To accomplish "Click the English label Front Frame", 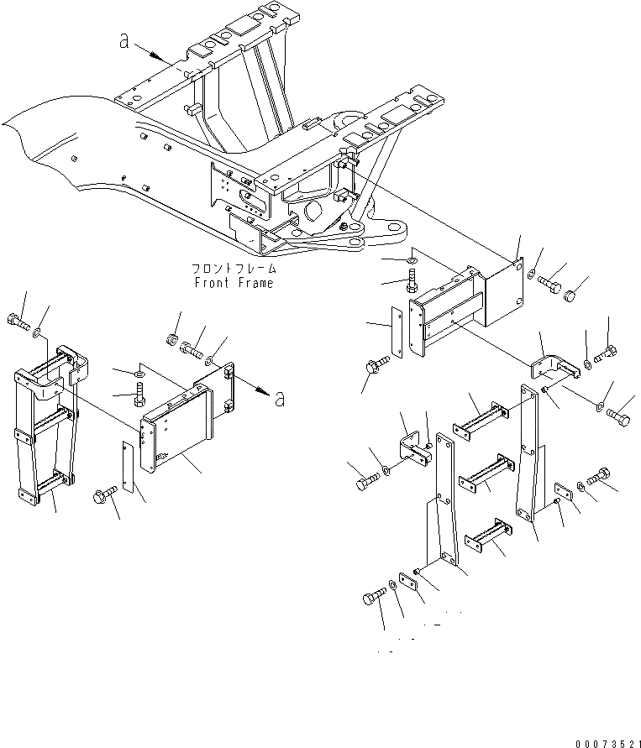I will [233, 283].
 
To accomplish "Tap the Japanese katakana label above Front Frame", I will [233, 269].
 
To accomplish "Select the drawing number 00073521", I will [607, 742].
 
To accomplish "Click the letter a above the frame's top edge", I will [124, 41].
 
